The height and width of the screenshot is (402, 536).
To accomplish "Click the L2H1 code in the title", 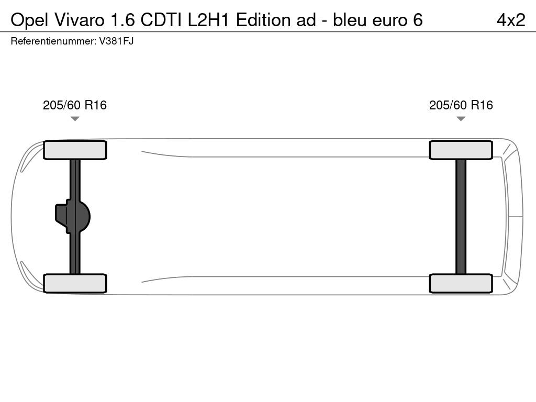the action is click(208, 20).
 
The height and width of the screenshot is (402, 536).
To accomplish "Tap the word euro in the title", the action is click(389, 21).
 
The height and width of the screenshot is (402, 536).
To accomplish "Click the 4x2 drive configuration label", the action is click(511, 20).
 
